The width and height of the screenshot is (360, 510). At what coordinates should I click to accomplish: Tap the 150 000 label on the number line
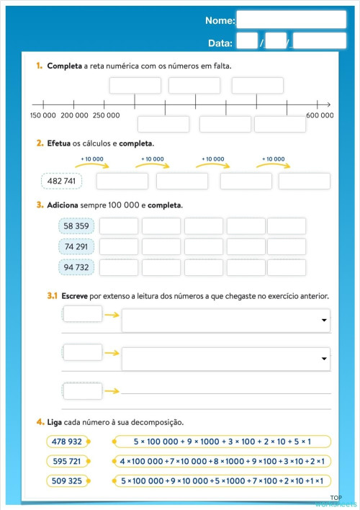click(43, 115)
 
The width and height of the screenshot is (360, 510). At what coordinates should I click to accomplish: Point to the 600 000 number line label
click(320, 115)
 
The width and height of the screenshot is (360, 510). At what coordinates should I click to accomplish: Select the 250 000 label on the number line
click(106, 115)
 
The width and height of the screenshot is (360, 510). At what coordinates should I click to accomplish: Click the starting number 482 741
click(61, 181)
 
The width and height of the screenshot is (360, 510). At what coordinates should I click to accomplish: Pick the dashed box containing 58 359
click(76, 226)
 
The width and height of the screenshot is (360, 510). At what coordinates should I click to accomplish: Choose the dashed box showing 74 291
click(76, 247)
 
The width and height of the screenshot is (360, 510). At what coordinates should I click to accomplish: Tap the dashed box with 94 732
click(76, 268)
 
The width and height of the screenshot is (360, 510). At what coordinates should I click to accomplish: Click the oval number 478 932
click(68, 442)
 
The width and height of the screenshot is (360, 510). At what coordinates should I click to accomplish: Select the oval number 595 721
click(68, 461)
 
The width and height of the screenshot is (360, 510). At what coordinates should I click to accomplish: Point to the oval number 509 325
click(68, 480)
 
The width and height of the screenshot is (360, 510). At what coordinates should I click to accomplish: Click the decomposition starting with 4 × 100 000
click(222, 461)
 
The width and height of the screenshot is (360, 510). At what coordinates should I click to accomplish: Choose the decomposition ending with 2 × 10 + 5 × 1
click(222, 442)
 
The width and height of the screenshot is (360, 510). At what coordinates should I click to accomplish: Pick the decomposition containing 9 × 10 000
click(222, 480)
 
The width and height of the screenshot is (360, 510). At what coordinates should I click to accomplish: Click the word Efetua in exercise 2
click(58, 143)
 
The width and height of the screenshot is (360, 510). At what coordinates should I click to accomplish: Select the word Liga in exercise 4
click(55, 421)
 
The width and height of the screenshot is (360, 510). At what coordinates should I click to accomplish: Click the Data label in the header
click(220, 43)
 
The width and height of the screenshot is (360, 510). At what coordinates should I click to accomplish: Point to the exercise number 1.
click(39, 66)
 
